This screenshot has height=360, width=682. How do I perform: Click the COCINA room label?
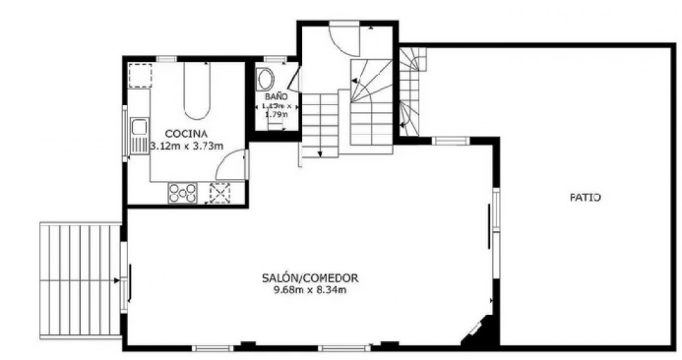click(x=186, y=133)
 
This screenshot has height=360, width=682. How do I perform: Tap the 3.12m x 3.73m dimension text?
click(x=187, y=146)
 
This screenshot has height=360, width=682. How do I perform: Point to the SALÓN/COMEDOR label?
click(x=310, y=277)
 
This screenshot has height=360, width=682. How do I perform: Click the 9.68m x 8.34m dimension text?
click(x=310, y=290)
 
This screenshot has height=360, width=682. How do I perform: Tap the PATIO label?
click(x=585, y=198)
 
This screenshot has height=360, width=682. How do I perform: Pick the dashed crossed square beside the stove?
click(x=220, y=193)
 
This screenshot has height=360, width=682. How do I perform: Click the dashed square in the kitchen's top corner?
click(x=139, y=75)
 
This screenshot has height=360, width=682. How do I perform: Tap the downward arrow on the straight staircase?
click(x=319, y=152)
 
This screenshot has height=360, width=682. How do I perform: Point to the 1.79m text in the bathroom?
click(x=277, y=116)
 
